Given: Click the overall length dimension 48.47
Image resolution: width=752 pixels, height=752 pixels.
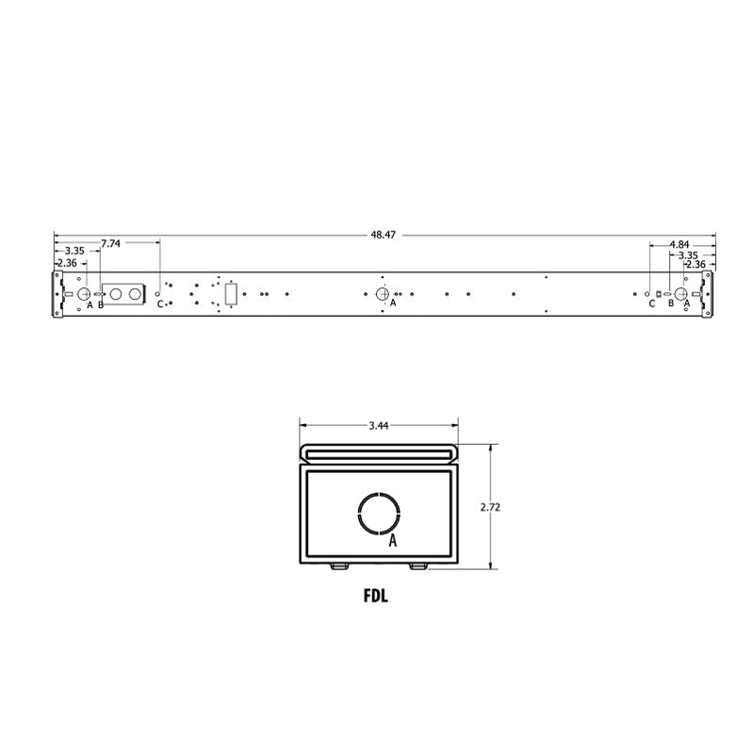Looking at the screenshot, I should click(383, 235).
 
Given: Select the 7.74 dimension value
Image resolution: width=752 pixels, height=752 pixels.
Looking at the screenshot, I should click(110, 243).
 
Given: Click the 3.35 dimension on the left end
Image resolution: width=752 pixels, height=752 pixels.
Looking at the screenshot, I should click(75, 251).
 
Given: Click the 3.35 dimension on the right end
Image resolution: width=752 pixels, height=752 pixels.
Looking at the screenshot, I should click(688, 254).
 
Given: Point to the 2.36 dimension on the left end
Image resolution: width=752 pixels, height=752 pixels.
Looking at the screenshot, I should click(68, 263).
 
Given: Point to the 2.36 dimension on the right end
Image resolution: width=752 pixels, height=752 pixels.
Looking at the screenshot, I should click(695, 265).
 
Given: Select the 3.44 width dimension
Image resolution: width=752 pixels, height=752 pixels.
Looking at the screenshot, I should click(379, 426).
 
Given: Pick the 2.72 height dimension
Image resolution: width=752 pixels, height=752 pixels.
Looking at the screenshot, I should click(489, 507).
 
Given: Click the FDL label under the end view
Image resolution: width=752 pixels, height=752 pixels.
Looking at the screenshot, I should click(378, 596).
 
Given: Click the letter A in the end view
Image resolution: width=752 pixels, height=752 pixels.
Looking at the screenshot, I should click(393, 542).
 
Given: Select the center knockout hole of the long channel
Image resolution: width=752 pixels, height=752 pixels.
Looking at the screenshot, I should click(383, 293).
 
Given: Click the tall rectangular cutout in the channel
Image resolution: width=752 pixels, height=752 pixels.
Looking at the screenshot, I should click(230, 294).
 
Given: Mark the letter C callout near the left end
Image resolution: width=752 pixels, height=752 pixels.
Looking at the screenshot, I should click(159, 304).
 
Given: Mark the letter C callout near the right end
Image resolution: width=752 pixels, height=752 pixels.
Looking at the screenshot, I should click(651, 303).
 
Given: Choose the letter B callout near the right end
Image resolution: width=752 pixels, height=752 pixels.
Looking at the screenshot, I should click(670, 303).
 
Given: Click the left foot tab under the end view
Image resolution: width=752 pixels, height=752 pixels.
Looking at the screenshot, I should click(337, 566).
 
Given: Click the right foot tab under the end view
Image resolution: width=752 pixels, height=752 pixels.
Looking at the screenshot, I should click(417, 566).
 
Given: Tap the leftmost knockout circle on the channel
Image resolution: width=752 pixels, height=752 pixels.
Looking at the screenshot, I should click(82, 293).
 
